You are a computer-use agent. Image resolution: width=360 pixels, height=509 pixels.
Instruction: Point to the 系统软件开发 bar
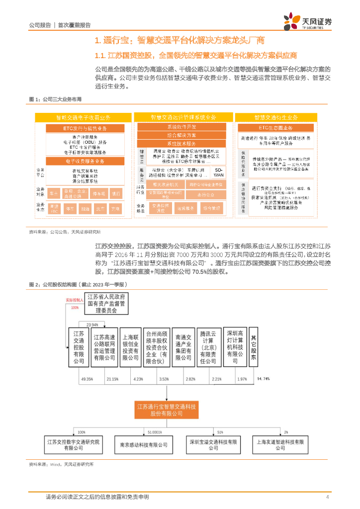point(181,127)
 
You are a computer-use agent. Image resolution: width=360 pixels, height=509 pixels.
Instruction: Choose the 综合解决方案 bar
point(181,135)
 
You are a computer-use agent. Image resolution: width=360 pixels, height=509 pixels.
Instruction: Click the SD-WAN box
point(219,172)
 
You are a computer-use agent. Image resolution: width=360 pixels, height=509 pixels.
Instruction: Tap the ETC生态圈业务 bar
point(275,128)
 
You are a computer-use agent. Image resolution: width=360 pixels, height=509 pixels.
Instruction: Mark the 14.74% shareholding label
point(263,379)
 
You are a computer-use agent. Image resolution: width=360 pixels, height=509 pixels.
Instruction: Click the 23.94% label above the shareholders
point(92,324)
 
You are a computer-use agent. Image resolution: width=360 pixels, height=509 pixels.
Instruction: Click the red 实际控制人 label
point(75,300)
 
